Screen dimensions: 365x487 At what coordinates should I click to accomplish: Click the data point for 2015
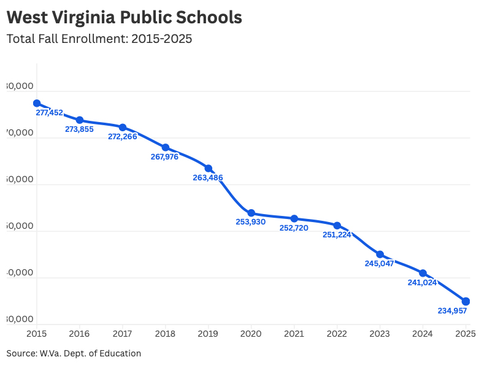coord(37,104)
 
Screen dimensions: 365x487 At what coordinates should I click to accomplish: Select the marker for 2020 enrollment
coord(251,213)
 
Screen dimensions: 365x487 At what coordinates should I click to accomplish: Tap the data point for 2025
coord(466,301)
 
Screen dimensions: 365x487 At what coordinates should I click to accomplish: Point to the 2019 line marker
coord(209,168)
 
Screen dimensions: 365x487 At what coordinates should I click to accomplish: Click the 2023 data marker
coord(380,254)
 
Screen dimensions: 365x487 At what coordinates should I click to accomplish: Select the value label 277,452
coord(50,113)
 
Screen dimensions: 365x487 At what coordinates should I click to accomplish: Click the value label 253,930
coord(251,222)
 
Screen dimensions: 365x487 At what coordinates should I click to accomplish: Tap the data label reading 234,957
coord(453,311)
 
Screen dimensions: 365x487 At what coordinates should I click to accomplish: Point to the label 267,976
coord(165,157)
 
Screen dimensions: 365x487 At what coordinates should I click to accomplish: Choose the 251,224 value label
coord(337,235)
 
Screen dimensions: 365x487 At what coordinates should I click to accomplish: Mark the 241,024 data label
coord(422,283)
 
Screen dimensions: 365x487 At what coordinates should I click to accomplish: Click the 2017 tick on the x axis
coord(123,334)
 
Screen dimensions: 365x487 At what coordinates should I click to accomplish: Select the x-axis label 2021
coord(294,334)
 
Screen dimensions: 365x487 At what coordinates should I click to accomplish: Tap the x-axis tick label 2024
coord(423,334)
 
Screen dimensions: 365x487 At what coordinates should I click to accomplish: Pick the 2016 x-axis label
coord(80,334)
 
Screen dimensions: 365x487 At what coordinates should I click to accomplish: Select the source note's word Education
coord(120,354)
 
